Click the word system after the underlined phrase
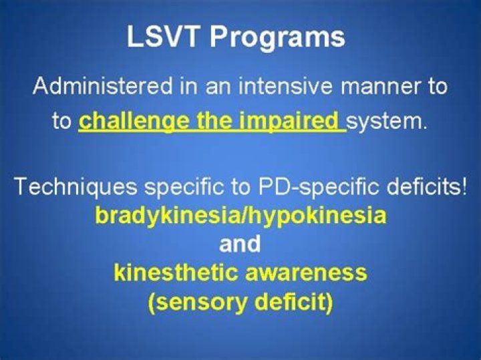[385, 123]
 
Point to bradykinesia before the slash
[152, 216]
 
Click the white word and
[240, 244]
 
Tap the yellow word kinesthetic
[169, 273]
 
